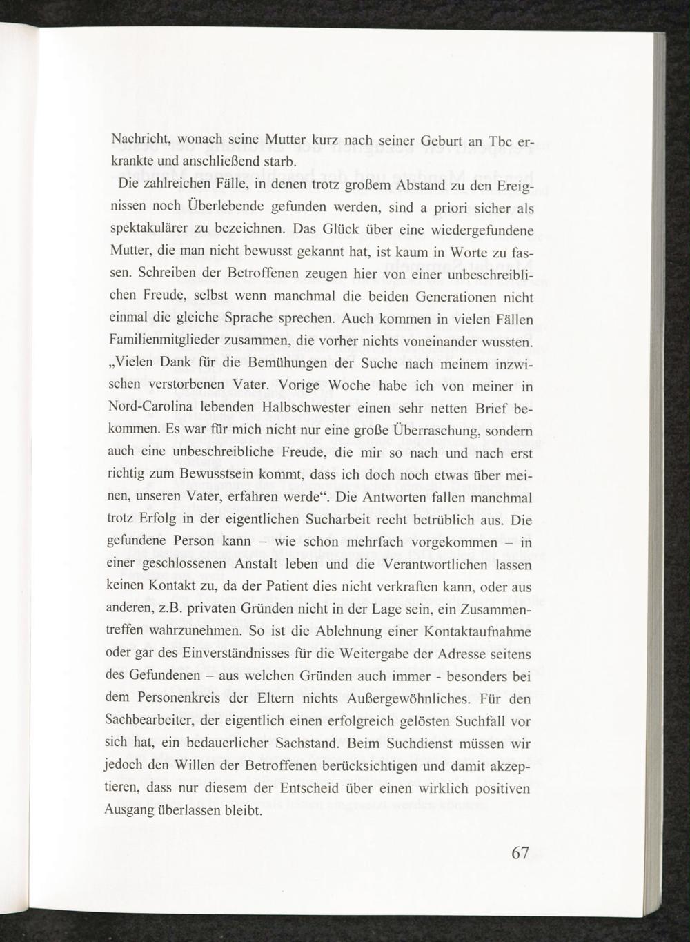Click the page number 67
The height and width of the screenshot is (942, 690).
[x=520, y=852]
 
